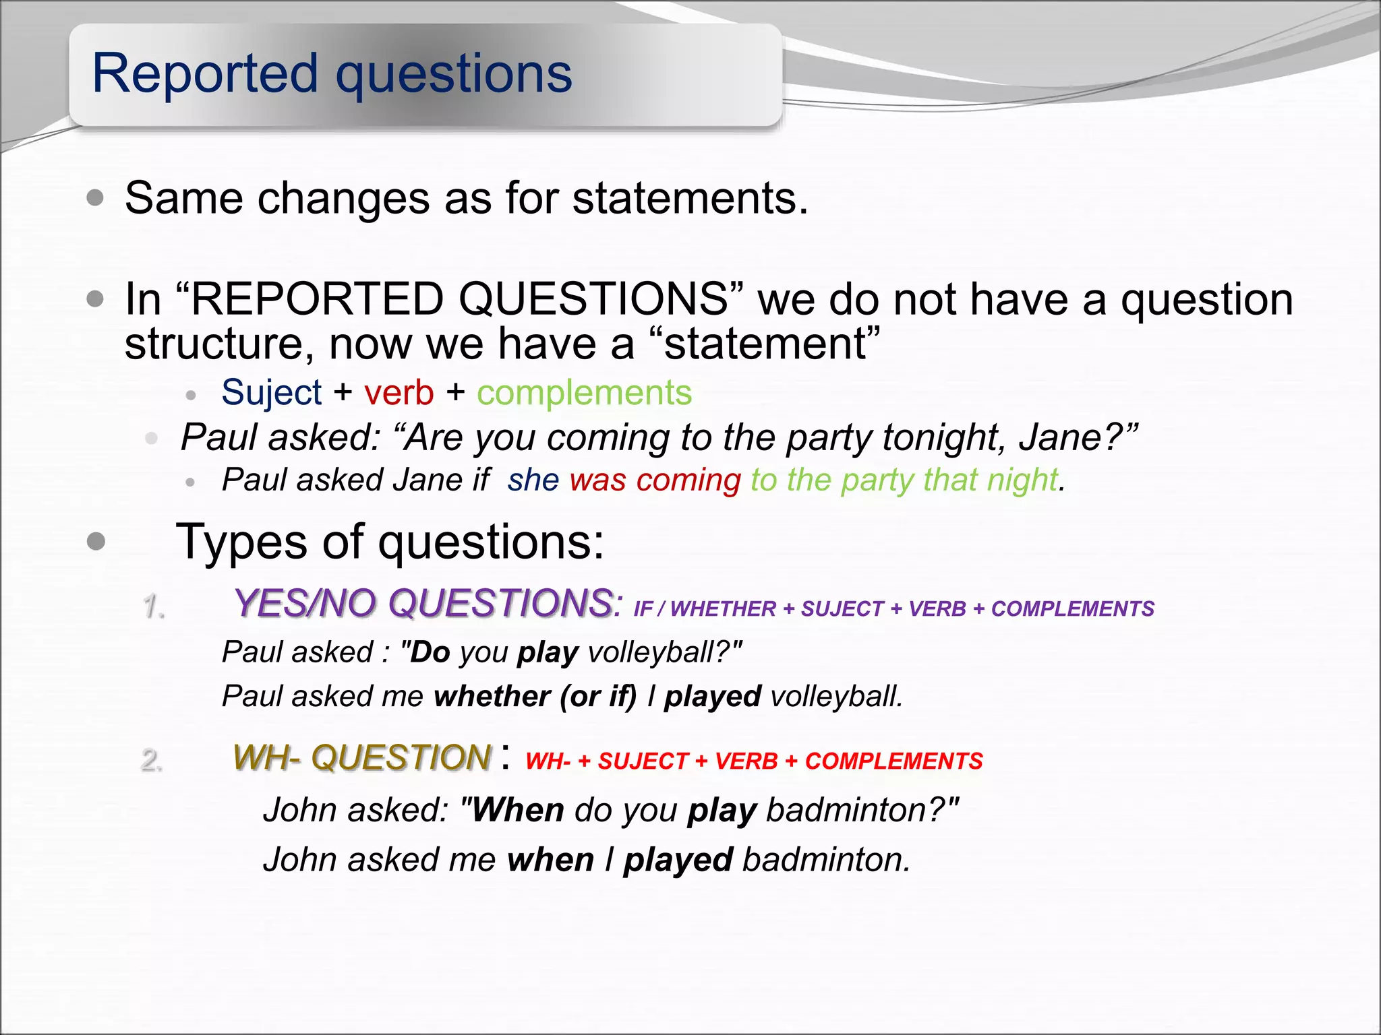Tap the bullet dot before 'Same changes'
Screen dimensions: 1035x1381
click(96, 198)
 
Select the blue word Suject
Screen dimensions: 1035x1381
click(271, 392)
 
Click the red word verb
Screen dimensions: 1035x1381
click(399, 392)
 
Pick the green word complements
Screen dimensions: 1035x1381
click(584, 392)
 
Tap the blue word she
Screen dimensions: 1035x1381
click(533, 480)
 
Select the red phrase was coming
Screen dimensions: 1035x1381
click(655, 480)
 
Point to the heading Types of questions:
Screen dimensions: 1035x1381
click(390, 541)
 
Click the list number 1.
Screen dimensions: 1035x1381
click(154, 606)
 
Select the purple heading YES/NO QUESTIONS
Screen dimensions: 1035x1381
click(423, 602)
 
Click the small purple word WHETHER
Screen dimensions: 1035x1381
click(723, 609)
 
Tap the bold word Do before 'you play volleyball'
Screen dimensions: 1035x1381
click(430, 652)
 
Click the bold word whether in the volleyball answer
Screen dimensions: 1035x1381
click(492, 696)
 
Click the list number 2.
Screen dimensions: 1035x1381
click(152, 760)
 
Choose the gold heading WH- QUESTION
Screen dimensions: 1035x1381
click(362, 757)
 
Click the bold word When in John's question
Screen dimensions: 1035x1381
click(517, 809)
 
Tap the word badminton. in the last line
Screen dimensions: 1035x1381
click(826, 860)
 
